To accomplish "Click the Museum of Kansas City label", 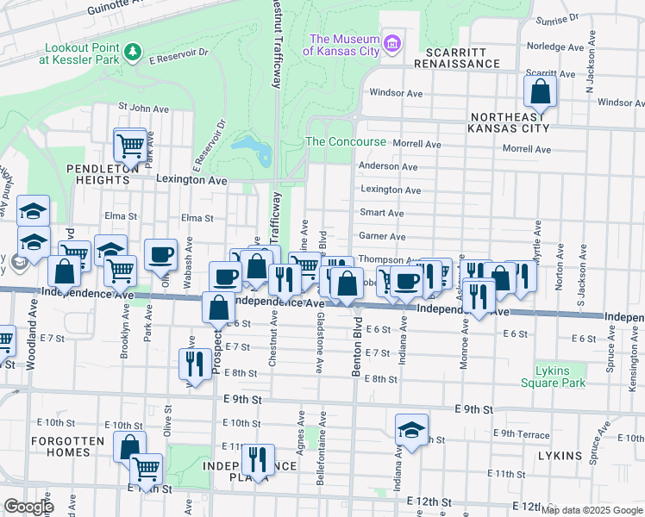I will [345, 45].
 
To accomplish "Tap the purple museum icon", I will [393, 41].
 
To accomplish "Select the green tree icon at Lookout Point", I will [132, 53].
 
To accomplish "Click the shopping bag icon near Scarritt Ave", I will [540, 90].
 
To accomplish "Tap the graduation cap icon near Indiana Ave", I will [412, 428].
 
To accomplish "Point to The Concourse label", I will [346, 142].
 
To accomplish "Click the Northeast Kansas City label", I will [508, 122].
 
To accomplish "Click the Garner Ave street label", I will [382, 236].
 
